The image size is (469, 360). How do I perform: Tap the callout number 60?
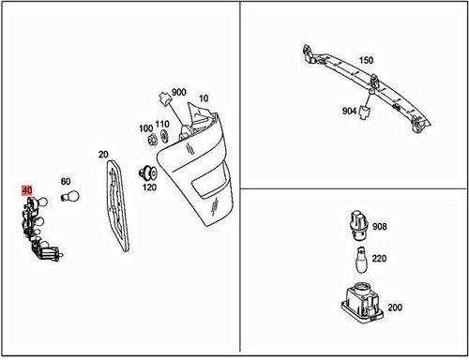(x=66, y=181)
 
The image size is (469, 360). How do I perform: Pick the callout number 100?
(x=145, y=127)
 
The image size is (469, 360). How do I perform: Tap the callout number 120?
(x=149, y=187)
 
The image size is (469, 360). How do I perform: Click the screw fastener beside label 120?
(x=146, y=172)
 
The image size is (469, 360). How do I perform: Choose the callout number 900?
(x=179, y=94)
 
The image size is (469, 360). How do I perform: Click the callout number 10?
(x=204, y=98)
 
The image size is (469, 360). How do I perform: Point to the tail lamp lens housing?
(x=202, y=173)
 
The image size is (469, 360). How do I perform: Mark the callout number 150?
(x=365, y=60)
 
